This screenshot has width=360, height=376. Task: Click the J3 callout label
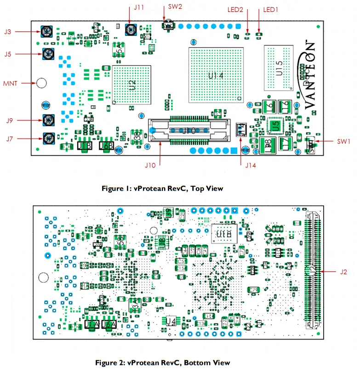click(x=8, y=32)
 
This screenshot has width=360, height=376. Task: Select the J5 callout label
click(x=8, y=54)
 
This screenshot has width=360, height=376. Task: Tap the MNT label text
click(x=10, y=83)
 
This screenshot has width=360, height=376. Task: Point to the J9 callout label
click(x=9, y=121)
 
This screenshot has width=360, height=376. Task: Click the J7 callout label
click(x=9, y=139)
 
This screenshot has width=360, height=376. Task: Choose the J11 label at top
click(x=139, y=8)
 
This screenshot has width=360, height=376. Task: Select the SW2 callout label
click(x=175, y=8)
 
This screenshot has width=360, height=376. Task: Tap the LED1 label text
click(x=271, y=9)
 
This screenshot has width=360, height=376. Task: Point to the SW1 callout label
click(x=343, y=142)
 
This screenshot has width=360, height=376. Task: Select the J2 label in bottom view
click(x=343, y=272)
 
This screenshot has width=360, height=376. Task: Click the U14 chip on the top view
click(x=215, y=75)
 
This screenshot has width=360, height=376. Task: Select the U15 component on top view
click(x=279, y=68)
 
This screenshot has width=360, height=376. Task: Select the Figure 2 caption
click(x=162, y=363)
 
